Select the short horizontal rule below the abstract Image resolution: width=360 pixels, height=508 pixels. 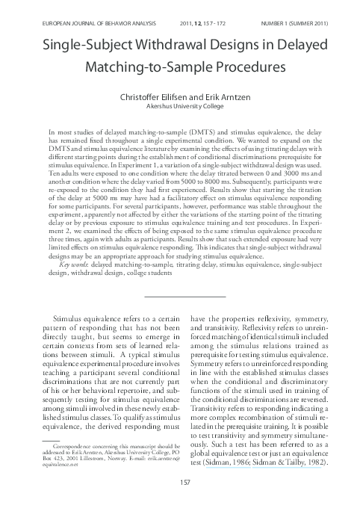pos(179,277)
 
